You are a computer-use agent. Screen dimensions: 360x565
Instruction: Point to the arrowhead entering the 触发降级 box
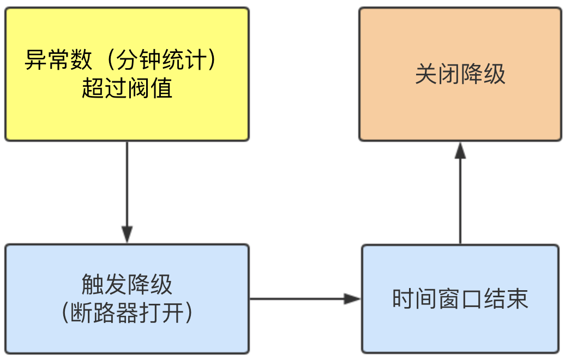tap(127, 235)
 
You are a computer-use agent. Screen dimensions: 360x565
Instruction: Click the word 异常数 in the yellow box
tap(58, 59)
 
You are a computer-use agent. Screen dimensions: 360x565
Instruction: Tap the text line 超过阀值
tap(127, 88)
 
